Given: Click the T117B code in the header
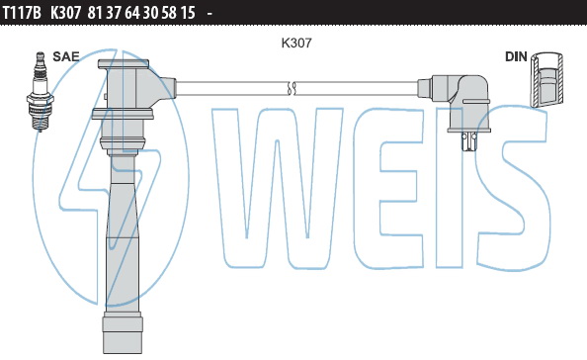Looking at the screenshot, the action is tap(22, 13).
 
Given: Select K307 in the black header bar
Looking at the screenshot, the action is tap(65, 13).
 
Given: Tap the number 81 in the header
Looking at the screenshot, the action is tap(95, 13).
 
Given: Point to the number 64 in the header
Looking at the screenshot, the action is tap(132, 13).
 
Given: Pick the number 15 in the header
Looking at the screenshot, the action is tap(188, 13).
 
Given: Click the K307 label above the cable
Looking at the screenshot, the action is tap(296, 43).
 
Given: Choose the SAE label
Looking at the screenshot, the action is tap(66, 56).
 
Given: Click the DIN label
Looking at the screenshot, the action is tap(516, 56).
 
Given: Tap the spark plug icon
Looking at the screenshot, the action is tap(41, 92).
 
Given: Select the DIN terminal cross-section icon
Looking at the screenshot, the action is tap(546, 79).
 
